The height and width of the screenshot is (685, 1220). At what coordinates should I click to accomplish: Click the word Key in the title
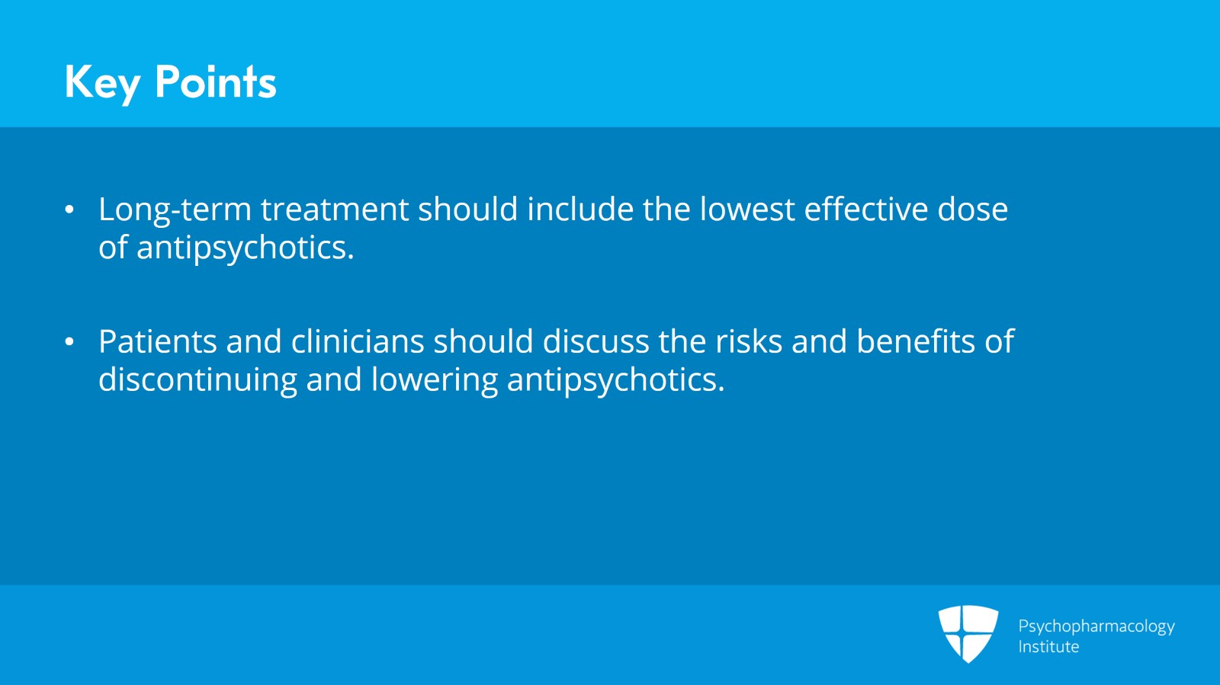pyautogui.click(x=102, y=84)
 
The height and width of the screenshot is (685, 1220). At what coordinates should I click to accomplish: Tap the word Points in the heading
pyautogui.click(x=216, y=82)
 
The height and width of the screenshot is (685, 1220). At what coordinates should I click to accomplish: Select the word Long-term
pyautogui.click(x=175, y=210)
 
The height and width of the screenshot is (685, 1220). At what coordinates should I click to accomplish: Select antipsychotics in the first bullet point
pyautogui.click(x=245, y=248)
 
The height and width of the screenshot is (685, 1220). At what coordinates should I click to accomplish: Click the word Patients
pyautogui.click(x=157, y=341)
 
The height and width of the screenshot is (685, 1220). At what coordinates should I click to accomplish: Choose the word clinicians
pyautogui.click(x=358, y=341)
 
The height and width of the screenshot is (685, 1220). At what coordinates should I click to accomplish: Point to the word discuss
pyautogui.click(x=596, y=341)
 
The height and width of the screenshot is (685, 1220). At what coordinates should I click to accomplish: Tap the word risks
pyautogui.click(x=749, y=341)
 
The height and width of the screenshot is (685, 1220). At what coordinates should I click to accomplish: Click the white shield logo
pyautogui.click(x=968, y=634)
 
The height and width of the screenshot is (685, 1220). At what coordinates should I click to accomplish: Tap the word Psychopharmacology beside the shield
pyautogui.click(x=1096, y=627)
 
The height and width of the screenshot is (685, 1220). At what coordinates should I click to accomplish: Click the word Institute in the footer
pyautogui.click(x=1048, y=646)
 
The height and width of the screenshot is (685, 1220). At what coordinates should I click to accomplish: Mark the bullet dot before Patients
pyautogui.click(x=69, y=341)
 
